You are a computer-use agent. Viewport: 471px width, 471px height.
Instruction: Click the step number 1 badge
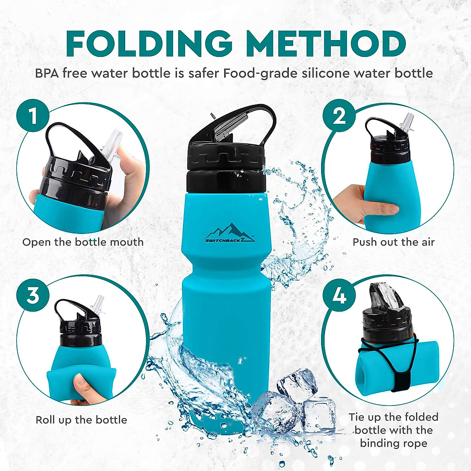[33, 116]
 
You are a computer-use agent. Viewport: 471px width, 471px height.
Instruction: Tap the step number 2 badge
[339, 116]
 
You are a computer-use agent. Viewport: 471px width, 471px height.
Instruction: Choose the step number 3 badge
[33, 294]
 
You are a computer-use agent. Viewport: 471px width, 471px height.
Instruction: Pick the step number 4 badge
[339, 295]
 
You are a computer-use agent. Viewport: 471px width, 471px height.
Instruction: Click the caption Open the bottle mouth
[83, 242]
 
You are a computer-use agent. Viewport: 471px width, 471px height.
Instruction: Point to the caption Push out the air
[394, 242]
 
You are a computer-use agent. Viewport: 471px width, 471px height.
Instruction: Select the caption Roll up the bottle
[81, 420]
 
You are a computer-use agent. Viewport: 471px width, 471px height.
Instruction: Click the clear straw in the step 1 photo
[112, 145]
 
